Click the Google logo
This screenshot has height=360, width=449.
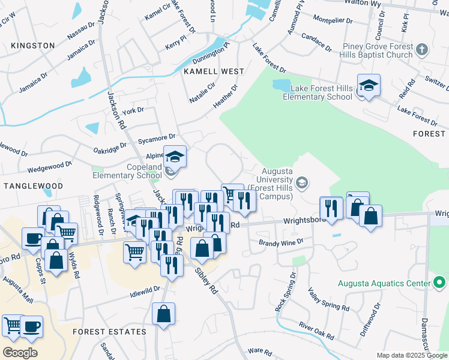pyautogui.click(x=20, y=353)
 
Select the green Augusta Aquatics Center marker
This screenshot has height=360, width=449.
pyautogui.click(x=439, y=282)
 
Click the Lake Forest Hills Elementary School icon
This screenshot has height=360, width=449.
pyautogui.click(x=369, y=86)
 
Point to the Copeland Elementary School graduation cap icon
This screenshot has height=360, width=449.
pyautogui.click(x=175, y=157)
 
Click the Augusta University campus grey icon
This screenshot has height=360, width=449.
pyautogui.click(x=303, y=182)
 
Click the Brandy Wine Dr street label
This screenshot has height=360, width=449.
pyautogui.click(x=281, y=242)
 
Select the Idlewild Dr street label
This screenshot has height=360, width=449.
pyautogui.click(x=145, y=290)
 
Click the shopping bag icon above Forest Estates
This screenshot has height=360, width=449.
pyautogui.click(x=164, y=314)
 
